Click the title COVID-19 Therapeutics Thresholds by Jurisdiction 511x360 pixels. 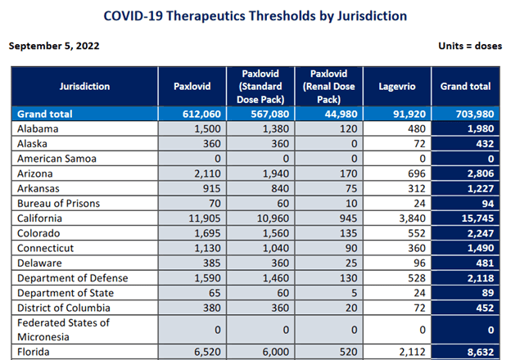pos(255,16)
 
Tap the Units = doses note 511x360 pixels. pos(468,46)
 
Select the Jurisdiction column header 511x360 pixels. pos(84,86)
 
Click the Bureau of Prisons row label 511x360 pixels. pos(58,203)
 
